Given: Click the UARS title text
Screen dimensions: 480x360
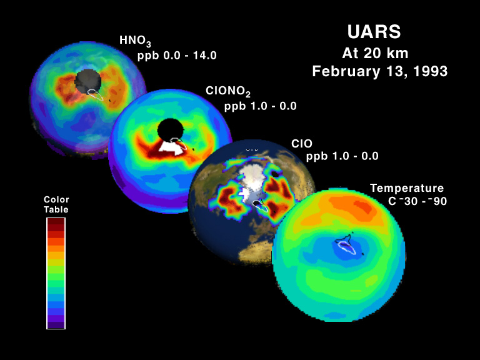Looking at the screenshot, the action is [374, 32].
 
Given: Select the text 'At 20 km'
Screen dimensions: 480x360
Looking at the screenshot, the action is [375, 53].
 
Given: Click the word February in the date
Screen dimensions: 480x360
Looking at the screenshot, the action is [346, 72].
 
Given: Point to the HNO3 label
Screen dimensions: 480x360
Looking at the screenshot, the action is [135, 41].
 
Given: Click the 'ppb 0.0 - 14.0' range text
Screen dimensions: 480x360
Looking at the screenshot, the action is [177, 56].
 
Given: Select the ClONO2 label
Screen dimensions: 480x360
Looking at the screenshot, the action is [228, 91].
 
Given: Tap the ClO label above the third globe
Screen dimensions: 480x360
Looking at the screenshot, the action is [302, 144].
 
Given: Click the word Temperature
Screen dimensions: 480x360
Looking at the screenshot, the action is [407, 188].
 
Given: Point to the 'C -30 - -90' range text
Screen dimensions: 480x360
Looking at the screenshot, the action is [417, 201].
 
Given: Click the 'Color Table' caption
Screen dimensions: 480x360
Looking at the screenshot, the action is [56, 204].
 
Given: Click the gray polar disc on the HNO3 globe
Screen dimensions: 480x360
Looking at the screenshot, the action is [88, 80].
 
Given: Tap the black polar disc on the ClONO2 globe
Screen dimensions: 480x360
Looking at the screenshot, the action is [170, 130].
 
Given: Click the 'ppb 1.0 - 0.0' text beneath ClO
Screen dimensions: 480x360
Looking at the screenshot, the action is [342, 156].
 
